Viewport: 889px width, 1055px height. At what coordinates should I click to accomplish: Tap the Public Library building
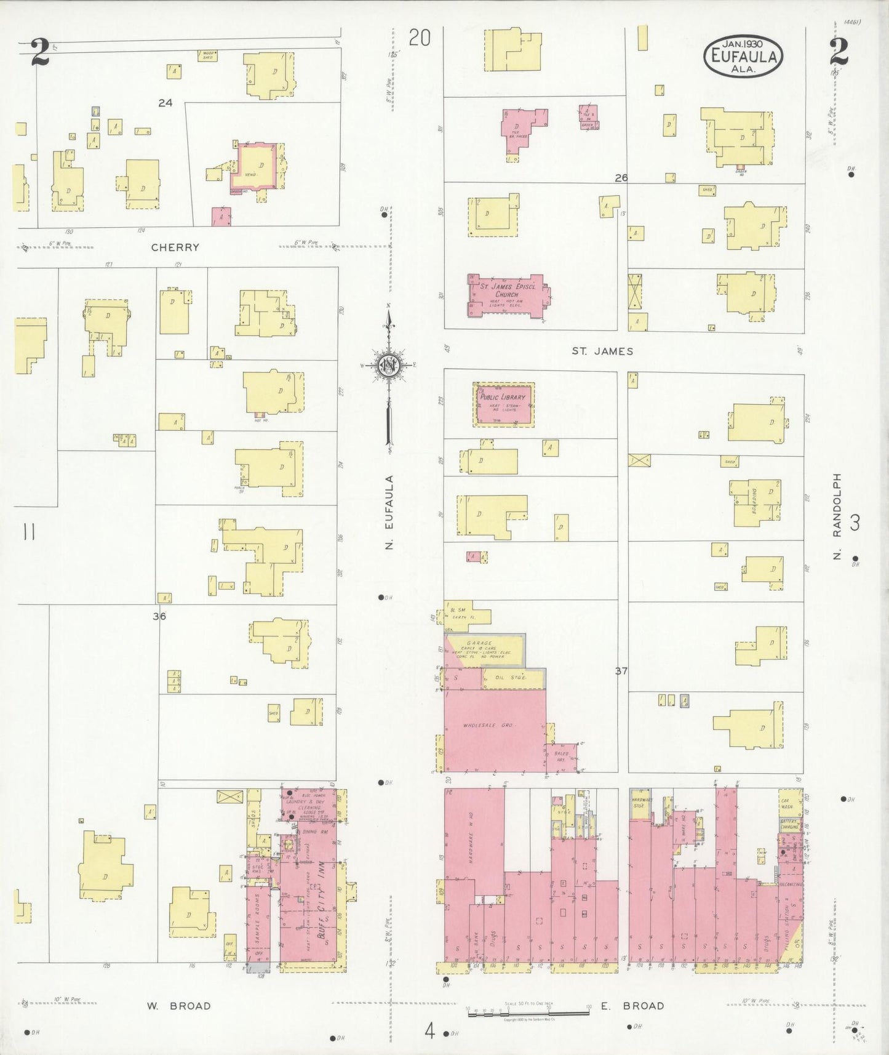pos(503,403)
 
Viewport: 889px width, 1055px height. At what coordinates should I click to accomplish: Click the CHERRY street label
pos(175,247)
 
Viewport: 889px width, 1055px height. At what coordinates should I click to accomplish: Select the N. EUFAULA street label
pos(389,511)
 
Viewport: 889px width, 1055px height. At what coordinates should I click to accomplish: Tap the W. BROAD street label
pos(178,1006)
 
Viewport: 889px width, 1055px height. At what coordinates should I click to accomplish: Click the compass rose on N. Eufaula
pos(389,364)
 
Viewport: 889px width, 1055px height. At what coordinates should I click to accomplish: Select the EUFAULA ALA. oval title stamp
pos(744,56)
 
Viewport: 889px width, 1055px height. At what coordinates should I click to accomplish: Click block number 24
pos(165,103)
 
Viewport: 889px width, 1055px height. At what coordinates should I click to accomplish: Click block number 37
pos(621,671)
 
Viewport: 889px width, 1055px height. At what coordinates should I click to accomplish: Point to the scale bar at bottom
pos(528,1012)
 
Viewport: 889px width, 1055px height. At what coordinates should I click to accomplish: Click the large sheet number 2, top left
pos(41,52)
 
